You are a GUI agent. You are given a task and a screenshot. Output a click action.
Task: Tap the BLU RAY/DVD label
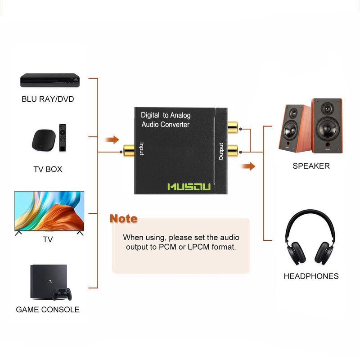point(48,99)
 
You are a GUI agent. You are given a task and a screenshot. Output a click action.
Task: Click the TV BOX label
point(48,169)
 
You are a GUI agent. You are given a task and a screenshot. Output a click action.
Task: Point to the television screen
point(49,211)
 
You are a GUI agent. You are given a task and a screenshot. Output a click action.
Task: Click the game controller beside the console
point(62,294)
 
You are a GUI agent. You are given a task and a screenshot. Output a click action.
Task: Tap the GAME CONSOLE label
point(48,310)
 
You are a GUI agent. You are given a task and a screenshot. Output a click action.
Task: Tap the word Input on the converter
point(141,149)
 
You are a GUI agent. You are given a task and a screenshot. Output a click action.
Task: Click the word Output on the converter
point(221,152)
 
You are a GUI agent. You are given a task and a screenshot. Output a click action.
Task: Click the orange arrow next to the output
point(248,167)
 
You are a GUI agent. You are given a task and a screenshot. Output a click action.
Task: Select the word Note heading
point(123,219)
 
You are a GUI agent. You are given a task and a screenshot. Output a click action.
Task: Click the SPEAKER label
point(311,166)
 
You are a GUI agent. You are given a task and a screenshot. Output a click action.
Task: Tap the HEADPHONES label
point(311,276)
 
